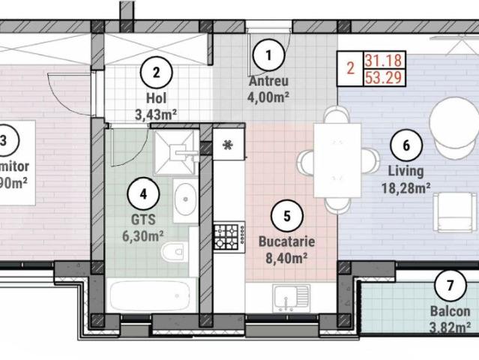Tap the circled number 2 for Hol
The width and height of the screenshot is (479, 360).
tap(157, 73)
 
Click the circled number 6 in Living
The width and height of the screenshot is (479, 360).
tap(406, 145)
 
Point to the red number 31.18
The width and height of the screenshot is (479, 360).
tap(381, 60)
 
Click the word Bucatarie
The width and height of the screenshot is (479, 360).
tap(286, 242)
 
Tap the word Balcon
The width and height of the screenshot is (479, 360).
tap(451, 312)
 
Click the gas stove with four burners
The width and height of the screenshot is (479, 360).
tap(226, 235)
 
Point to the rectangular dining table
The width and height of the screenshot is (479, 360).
tap(336, 160)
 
